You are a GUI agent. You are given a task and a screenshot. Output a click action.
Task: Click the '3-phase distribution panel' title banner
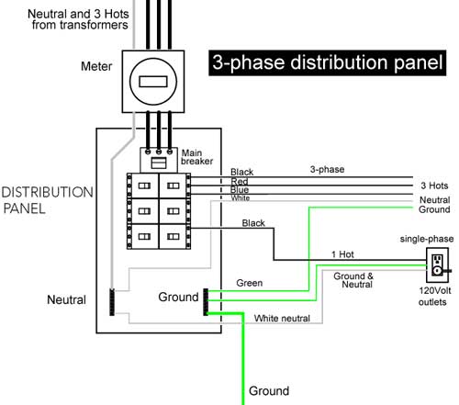326,63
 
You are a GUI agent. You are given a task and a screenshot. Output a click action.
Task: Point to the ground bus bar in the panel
206,299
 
